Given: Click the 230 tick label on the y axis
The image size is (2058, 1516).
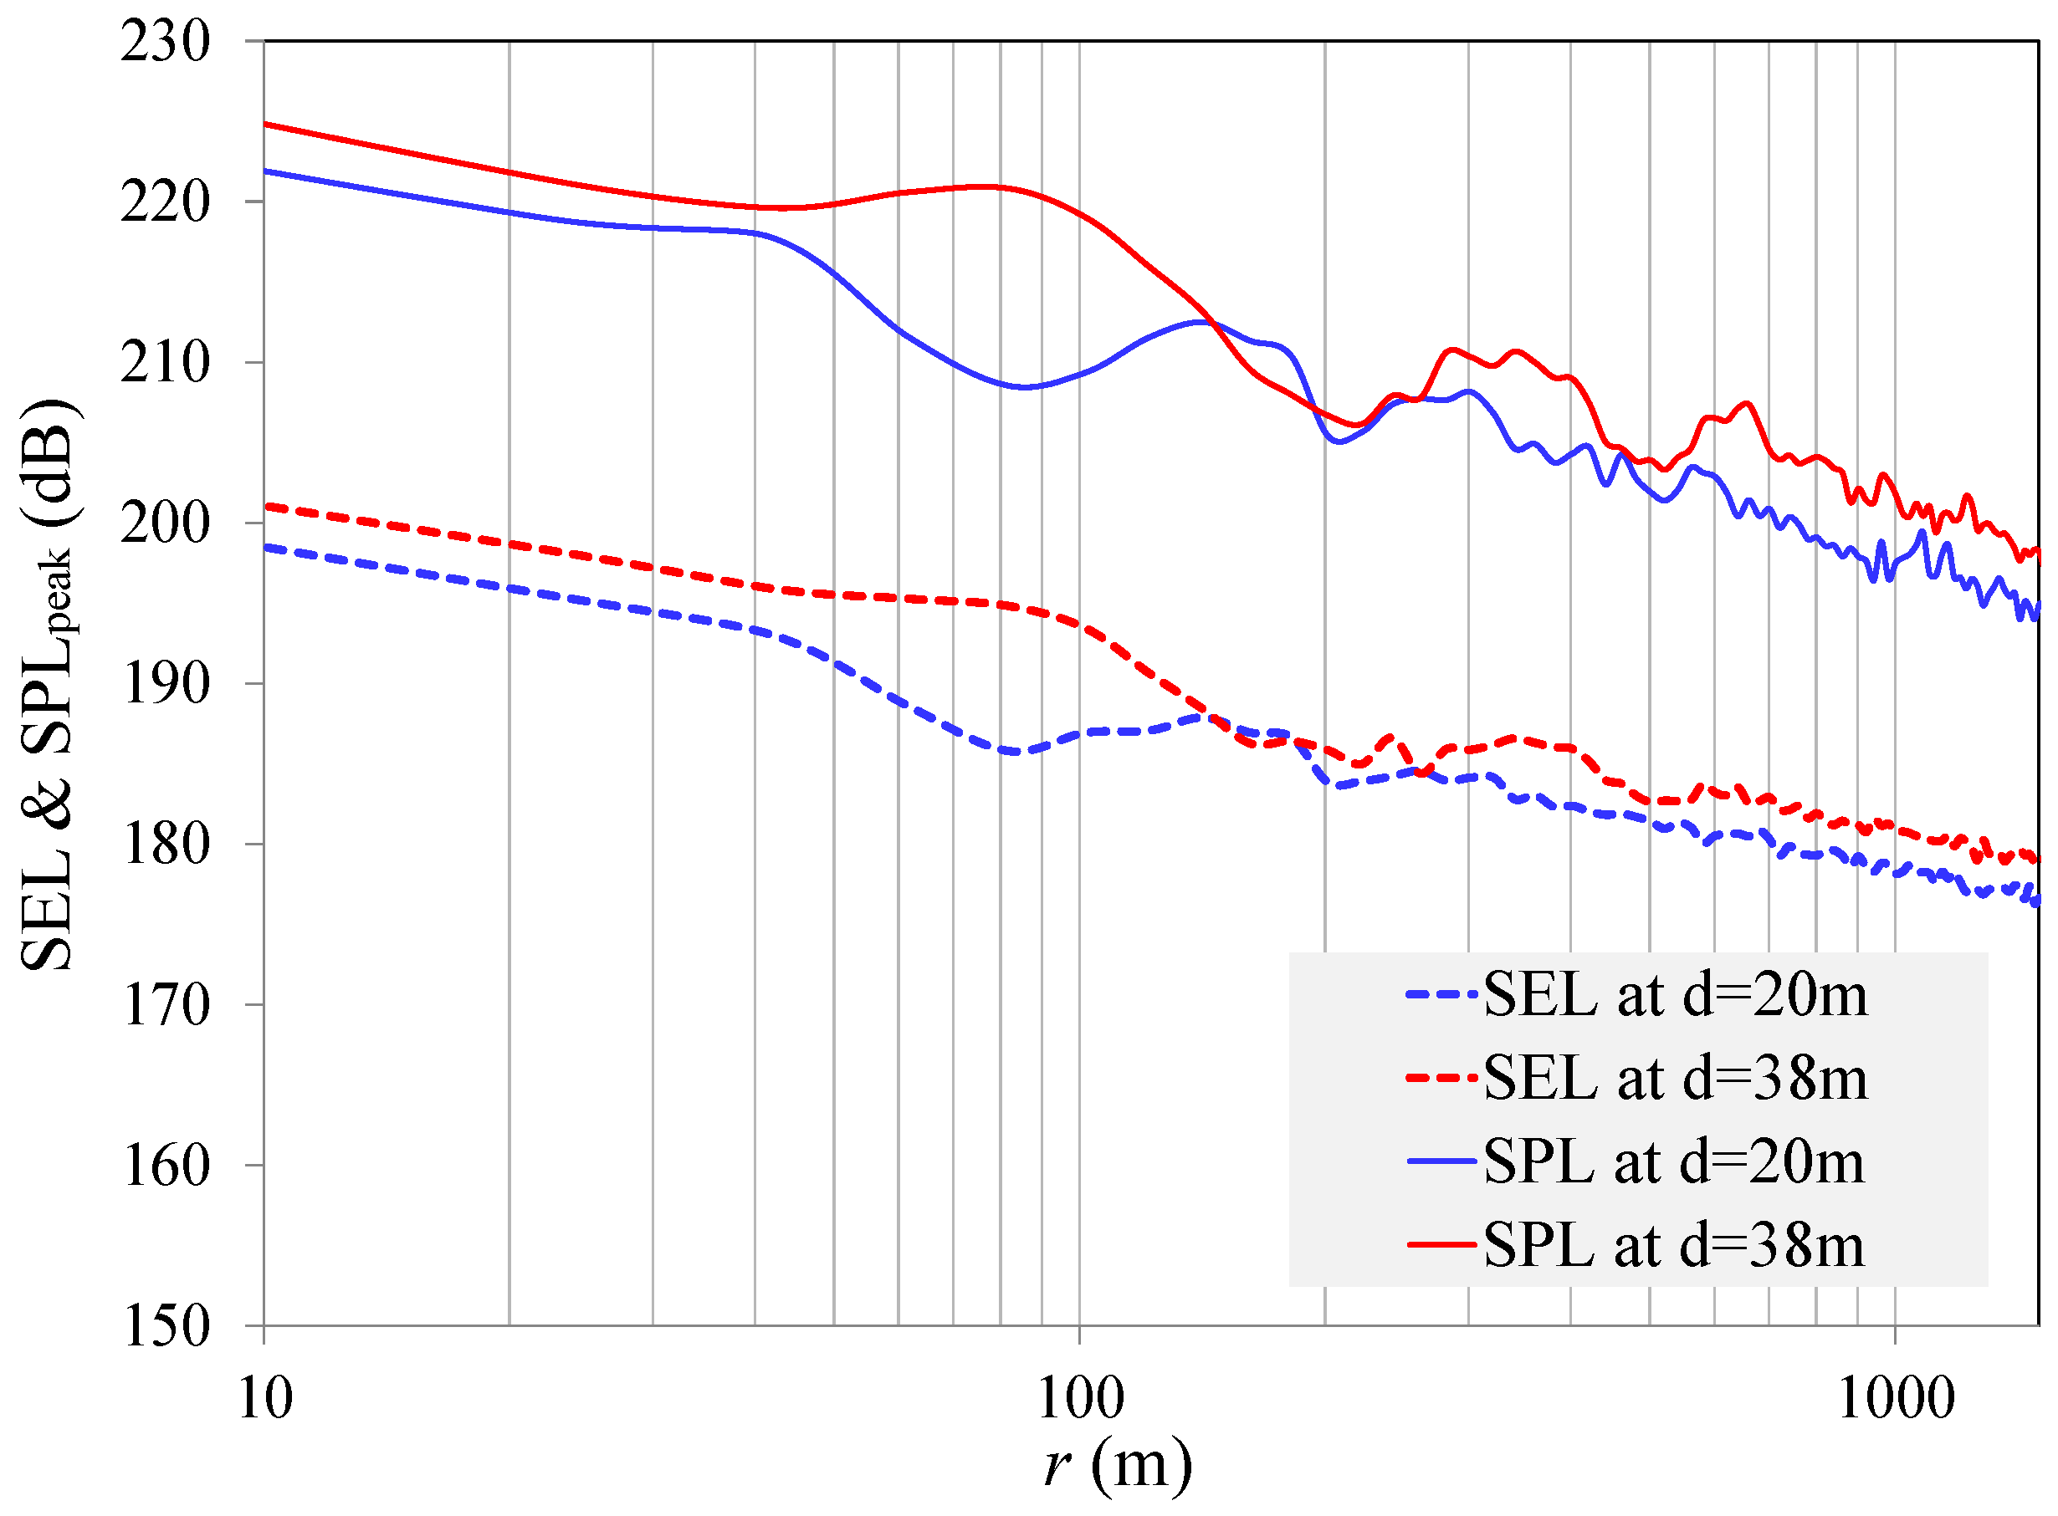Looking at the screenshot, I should tap(166, 42).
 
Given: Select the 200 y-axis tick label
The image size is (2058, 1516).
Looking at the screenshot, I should tap(166, 524).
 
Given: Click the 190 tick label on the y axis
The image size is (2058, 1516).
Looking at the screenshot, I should tap(166, 685).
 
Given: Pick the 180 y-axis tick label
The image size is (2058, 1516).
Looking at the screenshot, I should tap(166, 845).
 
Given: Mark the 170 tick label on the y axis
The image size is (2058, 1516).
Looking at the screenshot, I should tap(166, 1006).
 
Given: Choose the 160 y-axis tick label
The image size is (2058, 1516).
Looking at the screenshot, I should tap(166, 1166).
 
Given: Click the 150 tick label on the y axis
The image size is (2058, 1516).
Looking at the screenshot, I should tap(166, 1327).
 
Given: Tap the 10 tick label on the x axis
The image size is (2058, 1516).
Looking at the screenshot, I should tap(265, 1401).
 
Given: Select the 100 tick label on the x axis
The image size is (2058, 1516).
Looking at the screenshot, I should tap(1080, 1401).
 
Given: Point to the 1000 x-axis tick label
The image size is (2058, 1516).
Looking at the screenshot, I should tap(1896, 1401).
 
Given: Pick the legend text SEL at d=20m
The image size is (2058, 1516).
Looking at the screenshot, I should tap(1675, 995).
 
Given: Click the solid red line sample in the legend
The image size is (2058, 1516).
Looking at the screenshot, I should tap(1441, 1245).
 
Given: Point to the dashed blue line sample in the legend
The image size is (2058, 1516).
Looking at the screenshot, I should tap(1441, 995).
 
